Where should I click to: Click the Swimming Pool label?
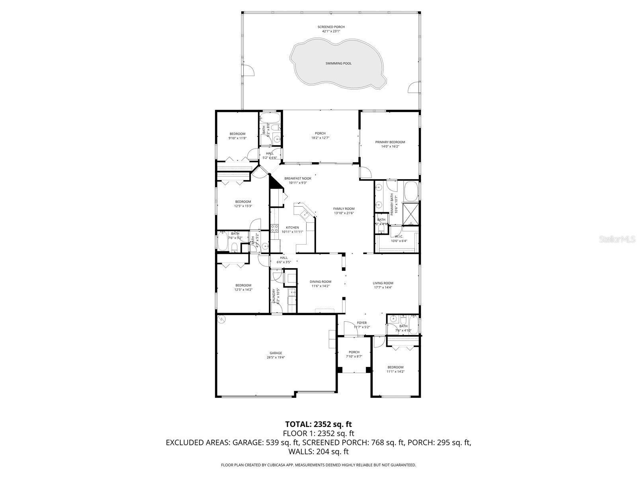[338, 63]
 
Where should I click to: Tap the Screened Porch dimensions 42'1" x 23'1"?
[331, 31]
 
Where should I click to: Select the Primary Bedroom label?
[390, 142]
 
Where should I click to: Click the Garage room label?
[276, 353]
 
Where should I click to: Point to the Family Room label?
[344, 209]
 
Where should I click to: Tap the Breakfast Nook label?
[297, 178]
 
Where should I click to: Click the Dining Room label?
[320, 282]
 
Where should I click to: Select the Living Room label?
[383, 283]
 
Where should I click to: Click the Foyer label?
[361, 323]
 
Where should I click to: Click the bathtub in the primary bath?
[411, 192]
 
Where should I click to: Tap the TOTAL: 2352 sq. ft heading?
[318, 424]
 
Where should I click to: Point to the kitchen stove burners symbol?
[274, 228]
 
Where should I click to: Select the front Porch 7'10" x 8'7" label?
[354, 352]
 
